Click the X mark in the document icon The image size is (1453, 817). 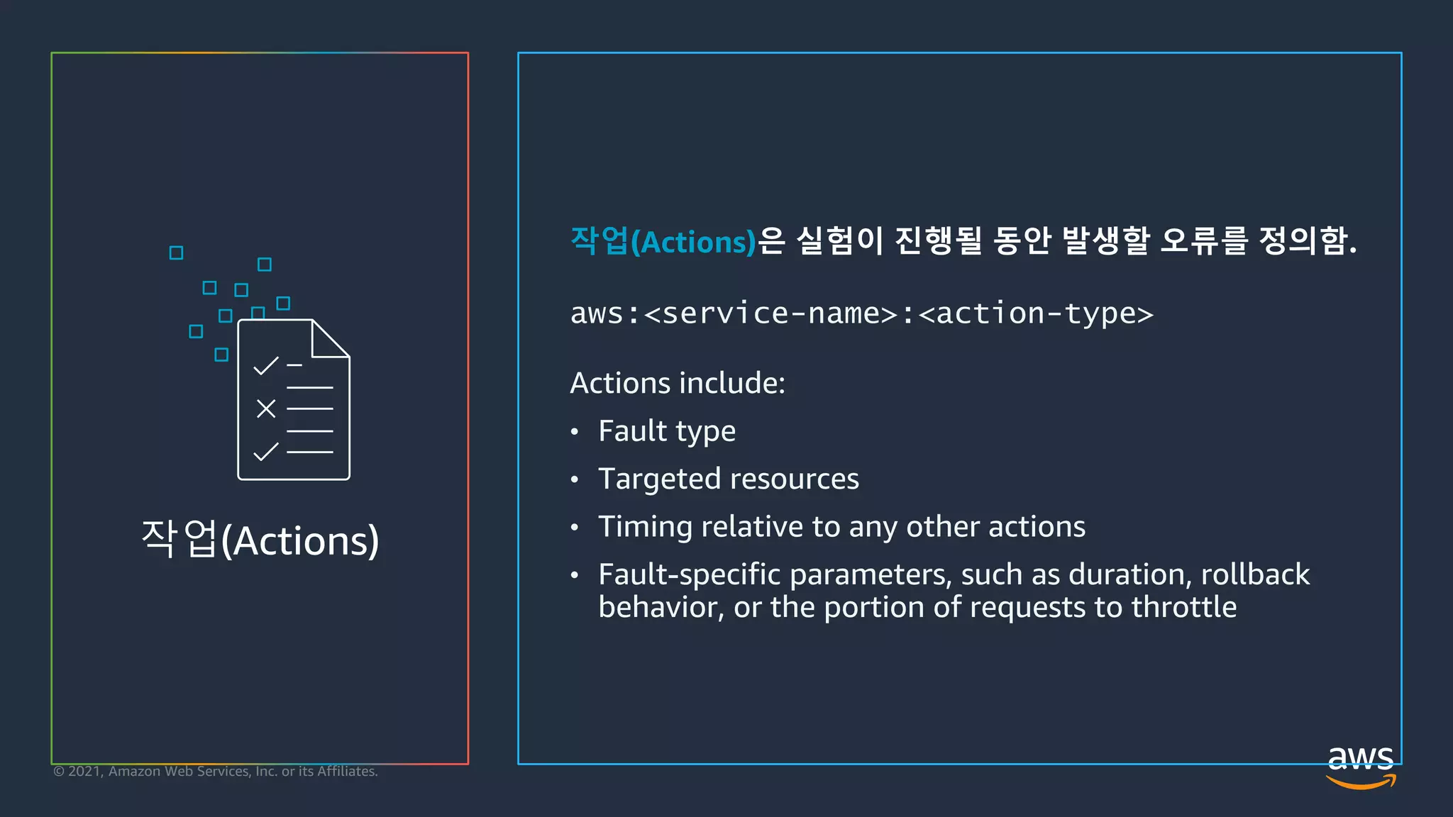[x=266, y=408]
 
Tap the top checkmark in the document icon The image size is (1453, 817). [x=266, y=366]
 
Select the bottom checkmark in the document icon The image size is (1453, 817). [x=266, y=451]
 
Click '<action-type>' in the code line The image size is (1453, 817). [x=1036, y=313]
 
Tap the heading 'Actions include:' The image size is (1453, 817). [x=678, y=383]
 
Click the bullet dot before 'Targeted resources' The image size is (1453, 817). [x=575, y=480]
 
